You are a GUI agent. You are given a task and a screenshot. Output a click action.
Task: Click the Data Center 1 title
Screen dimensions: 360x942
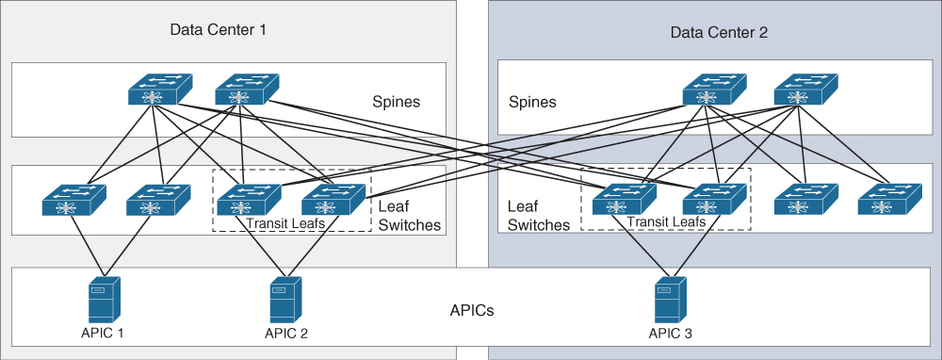point(218,30)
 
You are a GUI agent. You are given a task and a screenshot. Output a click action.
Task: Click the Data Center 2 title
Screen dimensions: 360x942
point(719,32)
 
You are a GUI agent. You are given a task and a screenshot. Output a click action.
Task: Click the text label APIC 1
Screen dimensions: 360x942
point(102,333)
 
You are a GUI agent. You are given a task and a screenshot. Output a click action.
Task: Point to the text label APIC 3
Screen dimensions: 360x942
point(670,333)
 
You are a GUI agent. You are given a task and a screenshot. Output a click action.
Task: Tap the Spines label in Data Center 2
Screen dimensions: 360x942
point(532,102)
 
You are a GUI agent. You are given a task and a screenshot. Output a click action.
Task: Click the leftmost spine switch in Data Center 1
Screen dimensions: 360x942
point(158,91)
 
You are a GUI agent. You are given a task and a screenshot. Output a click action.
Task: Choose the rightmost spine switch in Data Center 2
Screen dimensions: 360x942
point(804,91)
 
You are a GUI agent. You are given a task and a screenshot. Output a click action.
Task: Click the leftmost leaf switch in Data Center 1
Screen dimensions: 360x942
point(73,201)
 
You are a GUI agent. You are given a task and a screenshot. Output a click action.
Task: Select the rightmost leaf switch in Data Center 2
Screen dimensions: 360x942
point(888,201)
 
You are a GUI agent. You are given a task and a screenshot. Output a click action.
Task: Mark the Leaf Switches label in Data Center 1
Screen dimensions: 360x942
point(409,216)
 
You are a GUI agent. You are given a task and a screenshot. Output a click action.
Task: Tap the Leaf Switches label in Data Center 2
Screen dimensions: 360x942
point(538,216)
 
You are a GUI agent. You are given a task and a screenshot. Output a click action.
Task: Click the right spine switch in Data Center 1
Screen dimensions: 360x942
point(245,91)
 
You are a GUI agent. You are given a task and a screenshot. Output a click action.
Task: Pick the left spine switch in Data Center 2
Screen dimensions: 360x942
point(713,91)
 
